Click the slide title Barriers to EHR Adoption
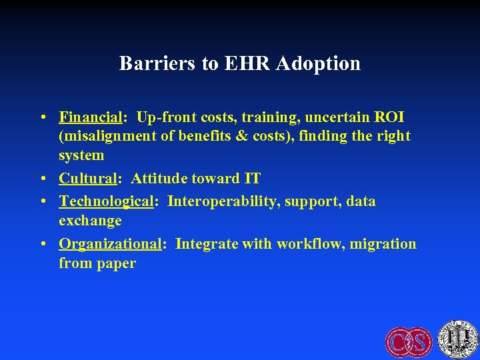(x=240, y=63)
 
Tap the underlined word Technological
(x=107, y=201)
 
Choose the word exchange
(x=90, y=221)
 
